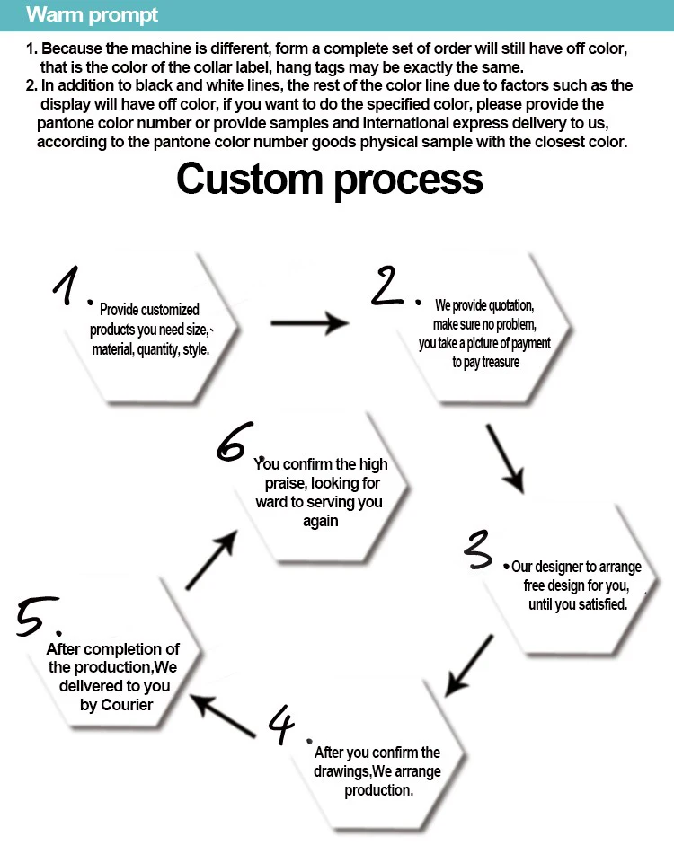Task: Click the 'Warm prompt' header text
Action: [92, 15]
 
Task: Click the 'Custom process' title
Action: [330, 180]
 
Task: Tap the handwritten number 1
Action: [66, 286]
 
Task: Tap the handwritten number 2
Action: [386, 286]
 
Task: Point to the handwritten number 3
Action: [478, 550]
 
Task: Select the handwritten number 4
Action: [282, 724]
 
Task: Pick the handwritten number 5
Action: [36, 616]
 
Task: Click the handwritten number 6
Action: [234, 442]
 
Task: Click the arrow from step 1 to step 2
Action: [310, 323]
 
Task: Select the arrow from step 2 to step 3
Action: [505, 459]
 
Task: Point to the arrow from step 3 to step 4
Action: [468, 665]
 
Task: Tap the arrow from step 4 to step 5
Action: [223, 716]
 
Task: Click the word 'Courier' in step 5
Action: [127, 704]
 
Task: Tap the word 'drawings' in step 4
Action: [341, 771]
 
